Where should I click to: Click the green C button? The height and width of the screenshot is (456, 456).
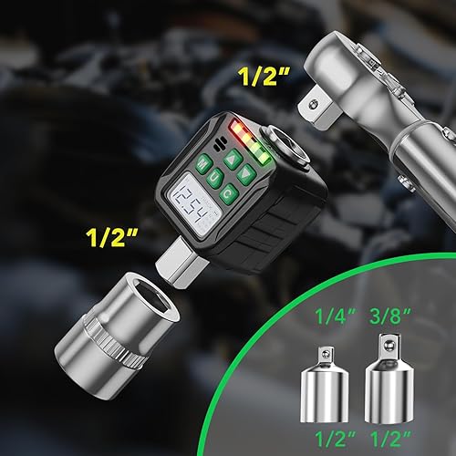click(228, 194)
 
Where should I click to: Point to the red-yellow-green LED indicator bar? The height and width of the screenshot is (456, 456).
click(251, 141)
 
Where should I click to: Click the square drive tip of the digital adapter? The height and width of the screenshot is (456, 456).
click(179, 263)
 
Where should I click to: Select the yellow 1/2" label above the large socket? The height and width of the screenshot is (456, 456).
click(111, 238)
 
